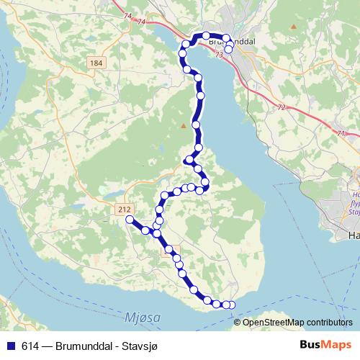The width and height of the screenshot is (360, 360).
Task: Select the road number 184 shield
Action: coord(95,63)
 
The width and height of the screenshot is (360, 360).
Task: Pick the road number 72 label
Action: coord(281,107)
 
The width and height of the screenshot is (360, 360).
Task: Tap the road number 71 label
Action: coord(339,133)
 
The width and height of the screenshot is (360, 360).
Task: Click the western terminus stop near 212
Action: coord(130,219)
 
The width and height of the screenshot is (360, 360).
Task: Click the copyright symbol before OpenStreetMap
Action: coord(238,323)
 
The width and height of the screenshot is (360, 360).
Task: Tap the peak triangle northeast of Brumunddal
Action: coord(294,27)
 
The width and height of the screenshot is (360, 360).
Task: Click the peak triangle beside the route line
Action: coord(184,127)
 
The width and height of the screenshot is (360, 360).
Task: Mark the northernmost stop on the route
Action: coord(206,35)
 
